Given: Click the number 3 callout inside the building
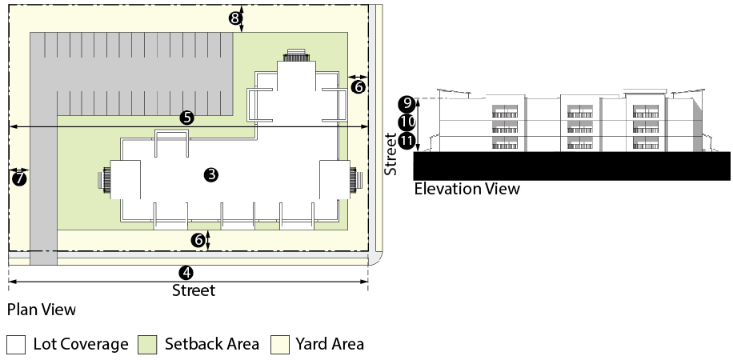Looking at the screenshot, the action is (211, 174).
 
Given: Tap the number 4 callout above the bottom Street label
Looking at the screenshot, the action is (187, 273).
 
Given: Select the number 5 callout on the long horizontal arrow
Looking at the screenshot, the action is (187, 117).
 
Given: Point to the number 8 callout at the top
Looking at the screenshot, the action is (235, 18).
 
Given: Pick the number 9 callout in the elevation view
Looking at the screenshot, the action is (407, 103).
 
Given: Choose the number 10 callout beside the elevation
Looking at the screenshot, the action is (407, 122).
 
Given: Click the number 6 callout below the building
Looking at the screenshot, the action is (198, 239).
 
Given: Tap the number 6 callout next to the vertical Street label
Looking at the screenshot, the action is (358, 86).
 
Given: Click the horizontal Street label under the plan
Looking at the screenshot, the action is (194, 290).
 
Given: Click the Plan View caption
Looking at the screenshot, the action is (42, 309).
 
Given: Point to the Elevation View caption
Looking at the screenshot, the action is (467, 189).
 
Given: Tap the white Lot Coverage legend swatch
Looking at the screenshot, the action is (17, 344).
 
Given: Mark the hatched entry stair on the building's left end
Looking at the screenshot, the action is (104, 178).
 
